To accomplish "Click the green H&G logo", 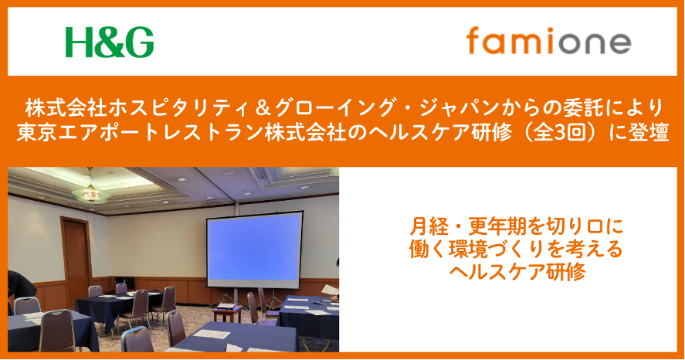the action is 110,42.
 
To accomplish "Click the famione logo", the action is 549,40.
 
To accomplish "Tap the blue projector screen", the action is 255,250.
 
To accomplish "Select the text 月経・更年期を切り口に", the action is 517,227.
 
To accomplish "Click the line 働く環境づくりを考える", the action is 517,250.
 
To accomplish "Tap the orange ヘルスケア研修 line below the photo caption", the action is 517,272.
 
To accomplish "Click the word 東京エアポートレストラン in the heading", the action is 140,132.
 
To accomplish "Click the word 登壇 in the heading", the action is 648,132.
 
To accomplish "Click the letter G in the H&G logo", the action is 139,42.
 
